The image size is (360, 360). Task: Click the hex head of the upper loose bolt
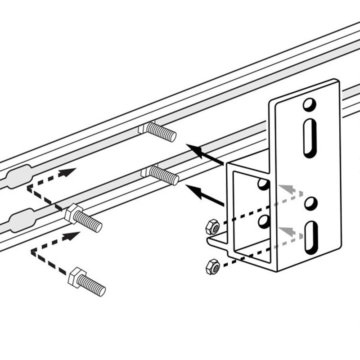click(x=72, y=213)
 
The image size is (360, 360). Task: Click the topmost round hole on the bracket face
click(x=309, y=104)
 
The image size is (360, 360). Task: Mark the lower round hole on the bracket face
click(x=310, y=203)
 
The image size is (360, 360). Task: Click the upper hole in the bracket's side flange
click(x=264, y=184)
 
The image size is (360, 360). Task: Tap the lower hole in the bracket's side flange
click(x=264, y=221)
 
